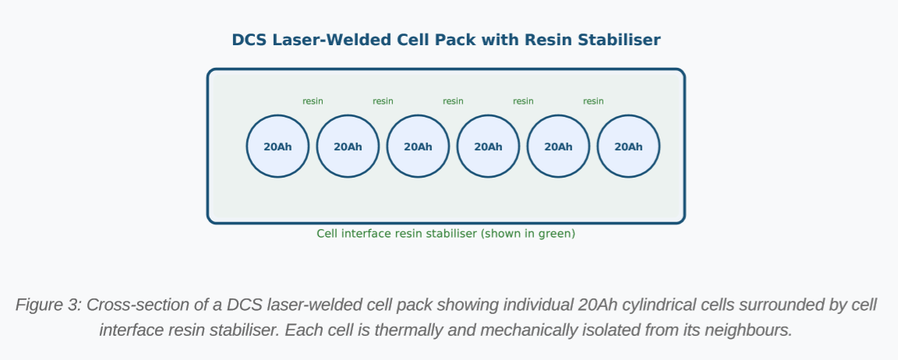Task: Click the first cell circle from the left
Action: tap(278, 146)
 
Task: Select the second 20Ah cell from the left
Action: tap(348, 146)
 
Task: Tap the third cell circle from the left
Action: tap(418, 146)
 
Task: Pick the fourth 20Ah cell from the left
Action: tap(488, 146)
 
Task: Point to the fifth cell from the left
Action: tap(558, 146)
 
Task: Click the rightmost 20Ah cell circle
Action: tap(628, 146)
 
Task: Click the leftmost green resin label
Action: tap(313, 101)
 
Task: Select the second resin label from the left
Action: tap(383, 101)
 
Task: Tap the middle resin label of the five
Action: tap(453, 101)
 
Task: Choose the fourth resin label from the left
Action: tap(523, 101)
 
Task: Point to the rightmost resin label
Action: tap(593, 101)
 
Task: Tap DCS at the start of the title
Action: tap(249, 41)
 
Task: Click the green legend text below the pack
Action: tap(446, 234)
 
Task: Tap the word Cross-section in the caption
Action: tap(136, 305)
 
